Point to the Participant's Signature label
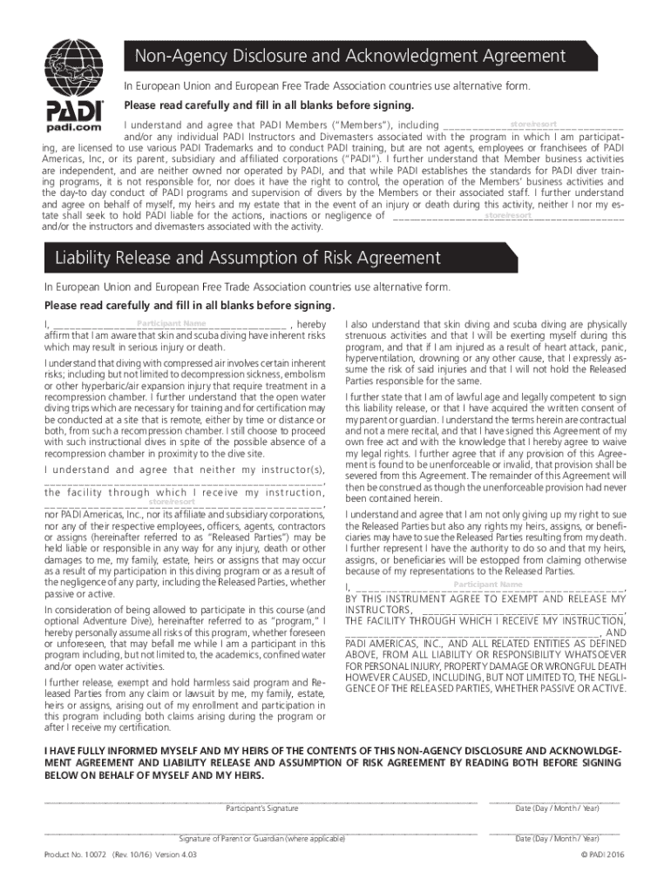[x=261, y=808]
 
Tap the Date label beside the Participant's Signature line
[x=557, y=808]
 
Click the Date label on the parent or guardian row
[x=557, y=838]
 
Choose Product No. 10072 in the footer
[x=75, y=855]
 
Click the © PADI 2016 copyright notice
[x=603, y=855]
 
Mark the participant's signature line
[x=261, y=799]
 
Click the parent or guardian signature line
[x=261, y=830]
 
